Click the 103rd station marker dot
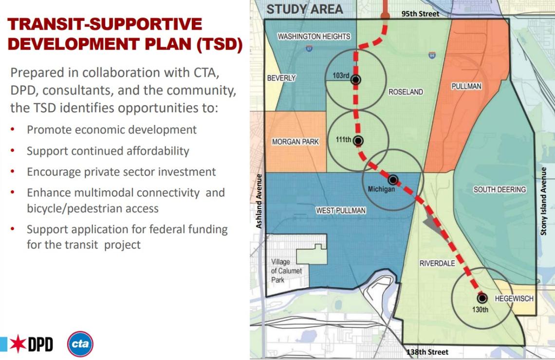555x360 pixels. tap(356, 80)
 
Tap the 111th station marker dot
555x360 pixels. tap(358, 141)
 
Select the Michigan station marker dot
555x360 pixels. tap(393, 180)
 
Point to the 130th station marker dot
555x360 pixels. tap(482, 298)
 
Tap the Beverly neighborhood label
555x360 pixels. tap(281, 78)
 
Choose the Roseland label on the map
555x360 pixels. tap(406, 92)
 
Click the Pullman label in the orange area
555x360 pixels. tap(466, 86)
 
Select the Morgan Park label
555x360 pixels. tap(295, 142)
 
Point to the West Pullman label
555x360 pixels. tap(340, 211)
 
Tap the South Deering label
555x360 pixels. tap(499, 189)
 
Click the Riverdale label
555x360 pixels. tap(437, 263)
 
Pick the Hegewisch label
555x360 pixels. tap(514, 299)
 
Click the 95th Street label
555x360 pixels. tap(420, 14)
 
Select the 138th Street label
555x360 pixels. tap(427, 352)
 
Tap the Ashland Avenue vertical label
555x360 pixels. tap(259, 200)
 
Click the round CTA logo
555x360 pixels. tap(80, 343)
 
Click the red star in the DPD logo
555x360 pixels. tap(18, 343)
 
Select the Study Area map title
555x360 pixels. tap(305, 9)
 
